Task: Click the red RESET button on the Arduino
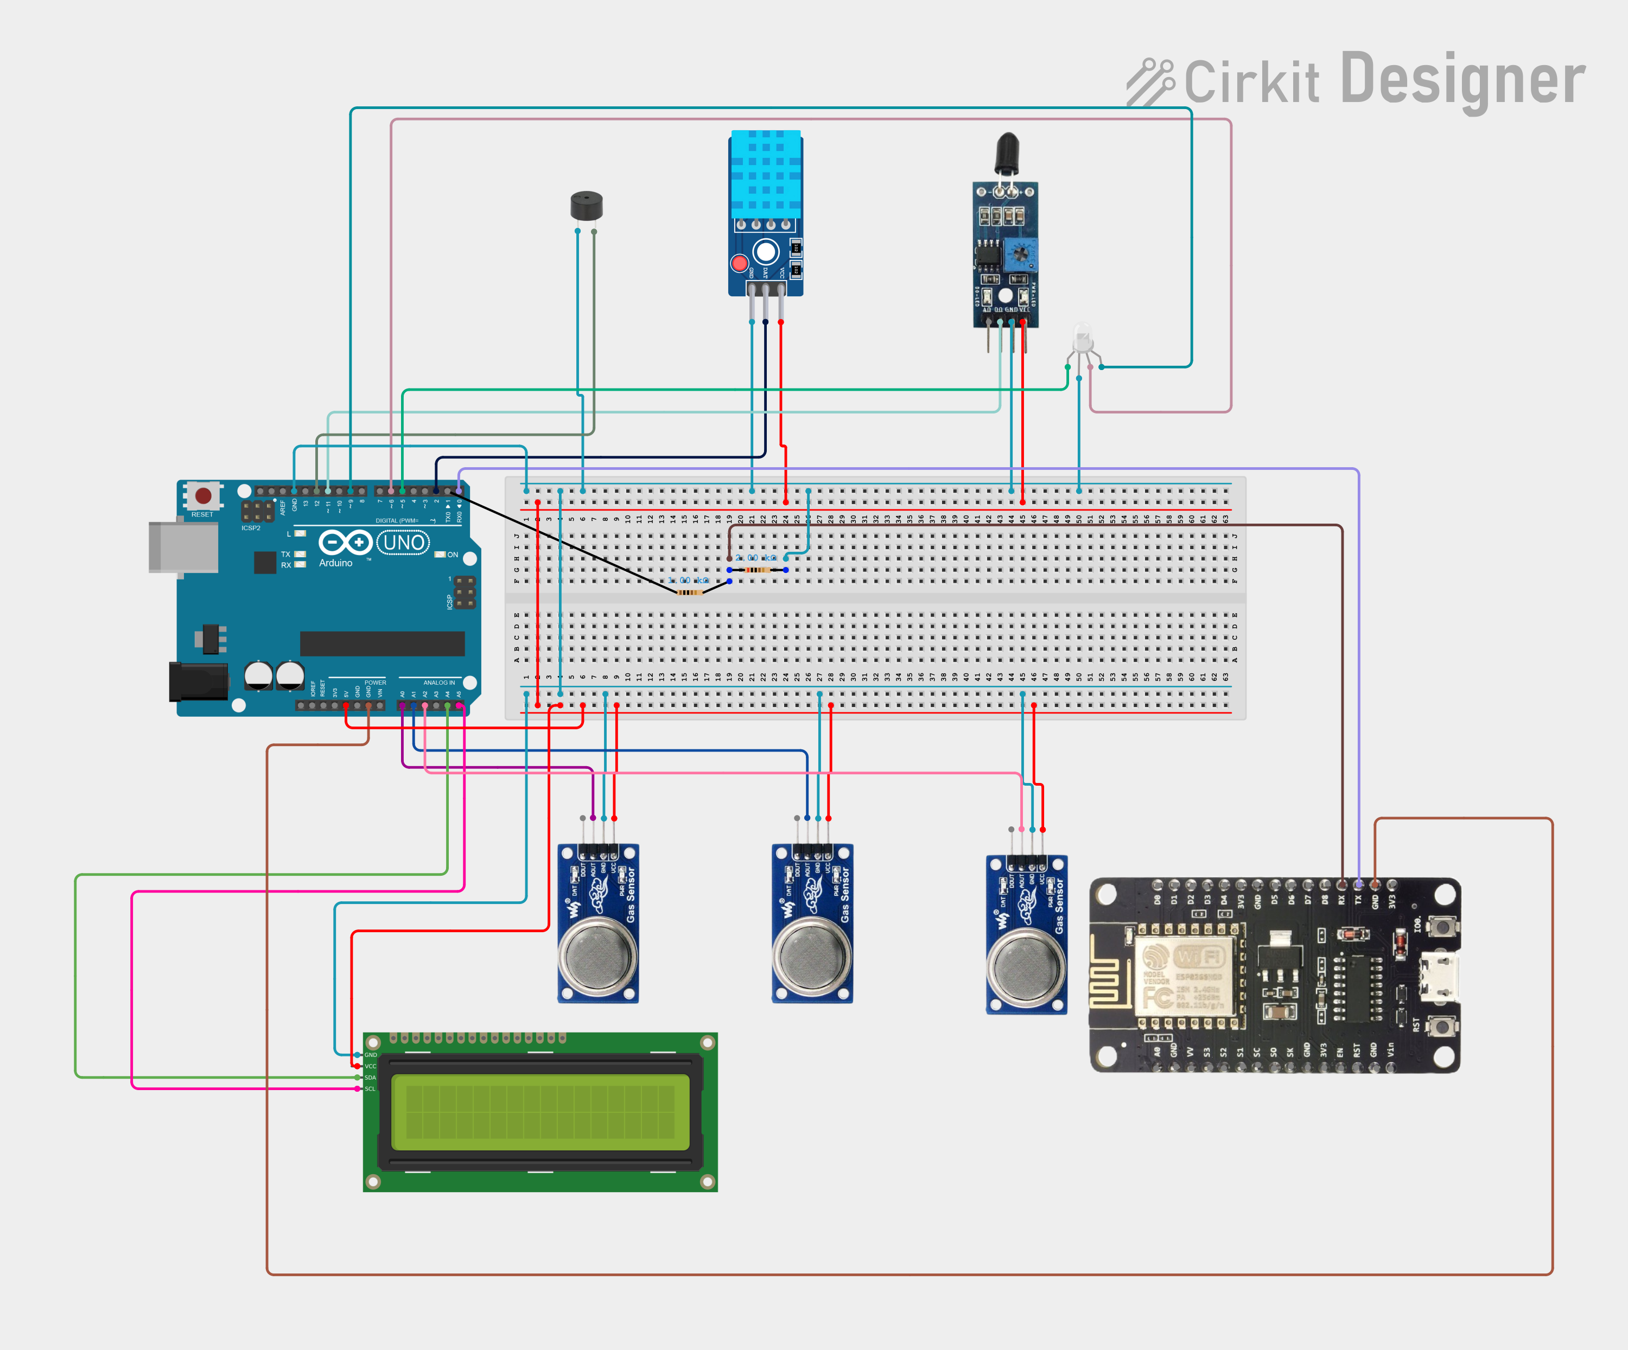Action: [x=203, y=495]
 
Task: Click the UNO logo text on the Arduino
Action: [x=404, y=543]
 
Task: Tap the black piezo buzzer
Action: [x=586, y=206]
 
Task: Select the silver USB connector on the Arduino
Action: [x=183, y=547]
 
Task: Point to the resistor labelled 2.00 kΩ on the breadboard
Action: [x=758, y=570]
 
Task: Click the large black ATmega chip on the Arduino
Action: [x=382, y=643]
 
